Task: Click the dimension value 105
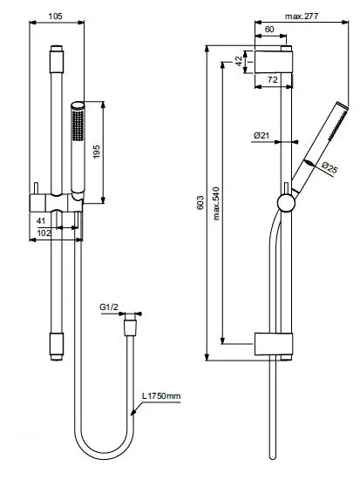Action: pyautogui.click(x=55, y=16)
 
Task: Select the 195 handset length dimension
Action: pyautogui.click(x=97, y=152)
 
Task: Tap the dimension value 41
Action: pyautogui.click(x=41, y=220)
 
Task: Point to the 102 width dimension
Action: pyautogui.click(x=44, y=233)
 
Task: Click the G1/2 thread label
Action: pyautogui.click(x=109, y=307)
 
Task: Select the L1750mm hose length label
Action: pyautogui.click(x=161, y=396)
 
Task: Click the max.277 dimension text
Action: pyautogui.click(x=302, y=17)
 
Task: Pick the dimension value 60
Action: pyautogui.click(x=269, y=30)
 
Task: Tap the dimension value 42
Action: pyautogui.click(x=239, y=62)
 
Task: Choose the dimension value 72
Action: pyautogui.click(x=273, y=80)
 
